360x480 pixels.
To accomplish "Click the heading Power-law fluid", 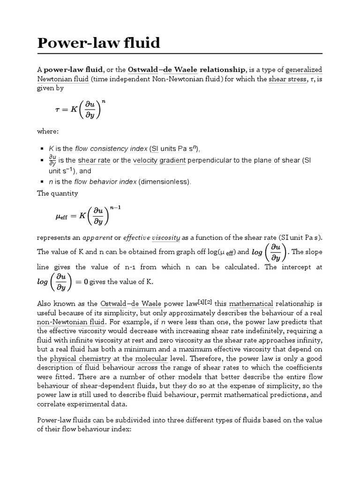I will coord(98,43).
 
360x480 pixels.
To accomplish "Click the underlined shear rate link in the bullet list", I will coord(93,161).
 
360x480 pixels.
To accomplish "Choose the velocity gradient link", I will coord(159,161).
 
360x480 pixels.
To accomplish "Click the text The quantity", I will coord(58,193).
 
